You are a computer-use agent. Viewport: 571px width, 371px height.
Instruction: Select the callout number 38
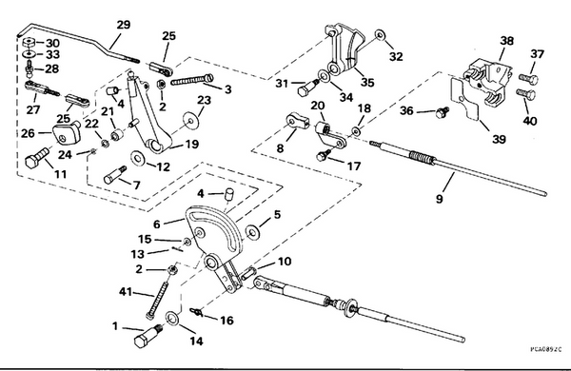click(506, 42)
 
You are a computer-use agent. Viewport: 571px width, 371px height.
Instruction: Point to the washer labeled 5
click(253, 233)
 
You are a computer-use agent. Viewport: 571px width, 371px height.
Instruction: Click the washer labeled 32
click(379, 36)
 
